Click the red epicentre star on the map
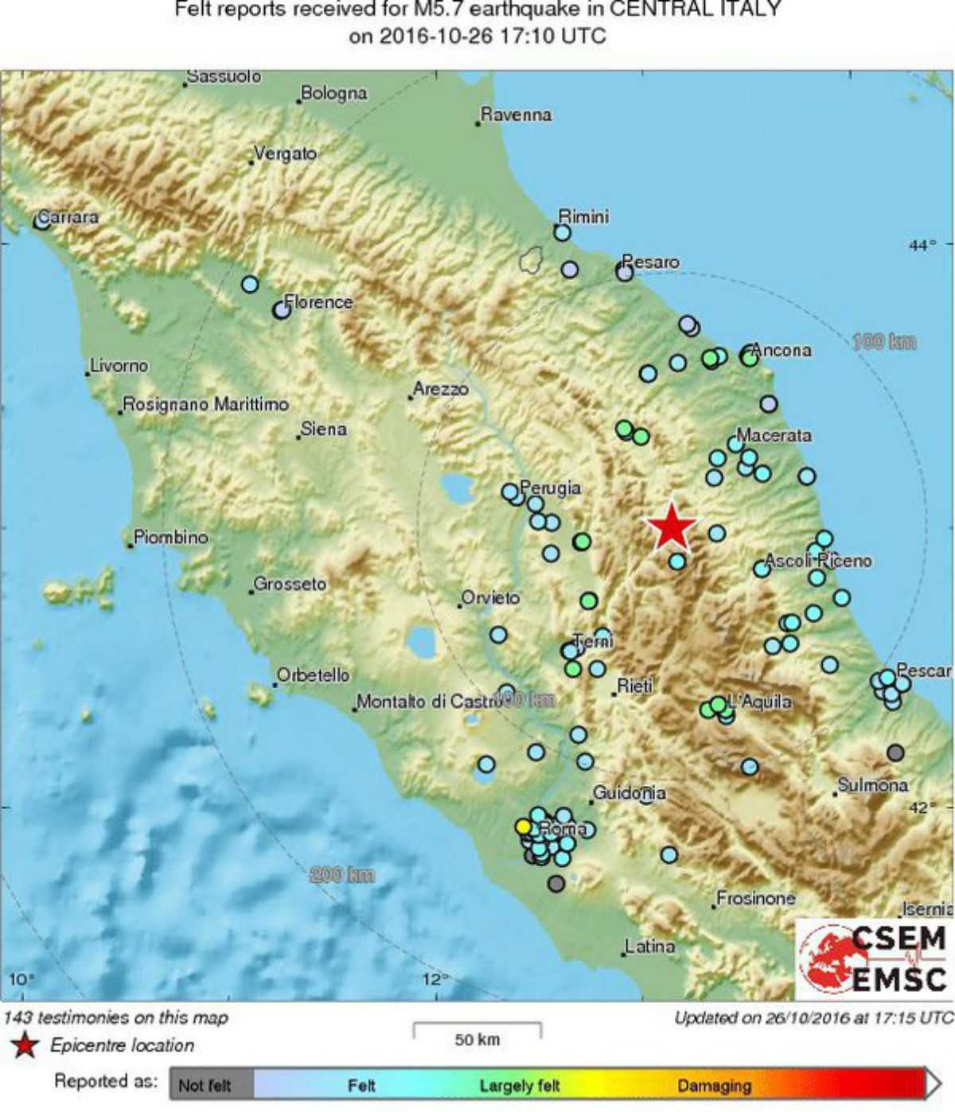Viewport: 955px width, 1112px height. coord(672,526)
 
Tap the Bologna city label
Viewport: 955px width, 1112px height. coord(334,94)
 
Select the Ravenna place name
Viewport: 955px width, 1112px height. coord(516,115)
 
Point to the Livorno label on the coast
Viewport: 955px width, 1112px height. coord(119,366)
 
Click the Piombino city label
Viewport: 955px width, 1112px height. coord(170,538)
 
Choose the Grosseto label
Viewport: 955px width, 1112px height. coord(290,584)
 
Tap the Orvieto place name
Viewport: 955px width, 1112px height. coord(491,597)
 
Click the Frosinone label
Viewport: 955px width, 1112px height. coord(755,898)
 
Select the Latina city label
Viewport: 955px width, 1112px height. coord(650,947)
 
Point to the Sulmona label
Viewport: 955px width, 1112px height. coord(872,785)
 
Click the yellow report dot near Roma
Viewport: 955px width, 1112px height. coord(523,826)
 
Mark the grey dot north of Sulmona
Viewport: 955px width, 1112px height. coord(895,752)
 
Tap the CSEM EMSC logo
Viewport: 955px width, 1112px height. coord(874,958)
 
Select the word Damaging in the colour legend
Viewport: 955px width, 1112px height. coord(714,1086)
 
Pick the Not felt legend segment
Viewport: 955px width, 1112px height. coord(205,1086)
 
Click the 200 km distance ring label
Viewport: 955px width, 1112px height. coord(341,875)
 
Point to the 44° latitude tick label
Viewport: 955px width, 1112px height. coord(922,246)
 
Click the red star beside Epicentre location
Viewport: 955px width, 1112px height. coord(25,1045)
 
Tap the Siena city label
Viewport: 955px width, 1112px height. coord(323,430)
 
